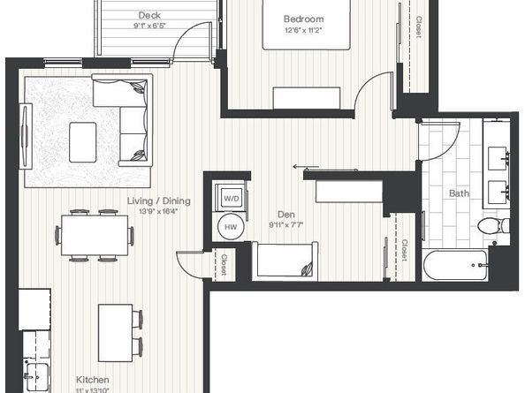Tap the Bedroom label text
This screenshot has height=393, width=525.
pos(303,19)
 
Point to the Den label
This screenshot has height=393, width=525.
pos(285,213)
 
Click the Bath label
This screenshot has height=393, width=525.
pos(459,193)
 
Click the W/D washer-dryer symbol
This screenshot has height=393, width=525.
pos(232,198)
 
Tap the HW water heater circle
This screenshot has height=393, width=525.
pos(231,227)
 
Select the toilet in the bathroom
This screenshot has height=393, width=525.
pos(491,225)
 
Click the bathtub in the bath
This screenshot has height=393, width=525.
pos(454,264)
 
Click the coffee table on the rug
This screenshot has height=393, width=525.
pos(83,136)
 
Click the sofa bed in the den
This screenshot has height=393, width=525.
pos(285,262)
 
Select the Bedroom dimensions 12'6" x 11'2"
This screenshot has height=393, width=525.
pos(303,30)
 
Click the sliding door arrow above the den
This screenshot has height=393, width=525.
pos(307,166)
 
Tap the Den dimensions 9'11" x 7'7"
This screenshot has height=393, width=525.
pos(285,224)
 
